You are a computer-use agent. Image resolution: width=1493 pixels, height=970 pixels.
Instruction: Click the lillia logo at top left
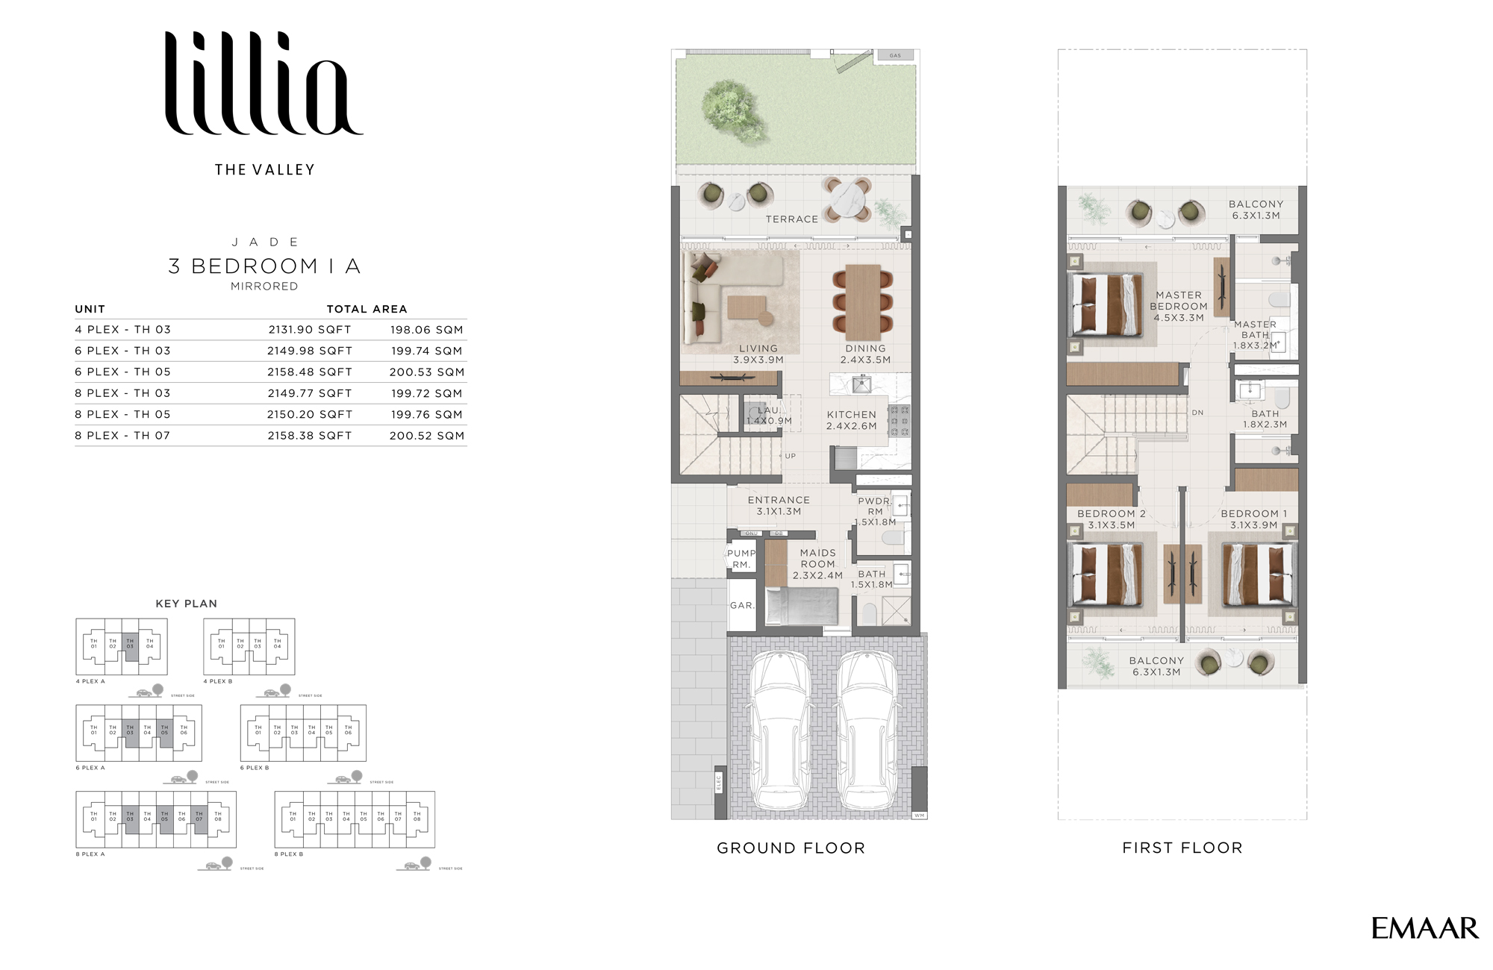[264, 84]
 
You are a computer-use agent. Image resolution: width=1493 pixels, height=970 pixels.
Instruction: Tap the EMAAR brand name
[1424, 928]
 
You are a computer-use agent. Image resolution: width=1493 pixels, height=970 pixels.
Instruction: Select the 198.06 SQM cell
[426, 330]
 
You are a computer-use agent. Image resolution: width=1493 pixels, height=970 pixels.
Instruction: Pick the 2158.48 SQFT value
[309, 372]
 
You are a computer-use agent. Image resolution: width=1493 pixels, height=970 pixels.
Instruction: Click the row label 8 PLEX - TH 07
[122, 436]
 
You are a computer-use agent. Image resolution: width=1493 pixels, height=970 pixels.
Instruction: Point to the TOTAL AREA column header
[367, 309]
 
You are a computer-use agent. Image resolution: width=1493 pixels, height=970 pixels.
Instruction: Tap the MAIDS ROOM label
[817, 564]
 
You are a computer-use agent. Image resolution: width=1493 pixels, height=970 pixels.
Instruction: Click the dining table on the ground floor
[863, 302]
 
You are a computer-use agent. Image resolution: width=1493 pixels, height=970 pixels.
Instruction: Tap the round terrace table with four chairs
[847, 199]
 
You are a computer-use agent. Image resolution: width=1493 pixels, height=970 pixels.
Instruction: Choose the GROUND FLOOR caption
[791, 848]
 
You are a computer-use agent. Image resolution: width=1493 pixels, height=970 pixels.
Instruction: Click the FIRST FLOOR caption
[1182, 848]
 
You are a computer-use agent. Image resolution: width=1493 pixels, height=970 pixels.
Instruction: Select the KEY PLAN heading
[186, 604]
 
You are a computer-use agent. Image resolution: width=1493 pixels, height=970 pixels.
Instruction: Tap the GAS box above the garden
[895, 55]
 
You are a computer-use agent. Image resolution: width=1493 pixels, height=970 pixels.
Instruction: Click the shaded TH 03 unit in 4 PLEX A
[130, 646]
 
